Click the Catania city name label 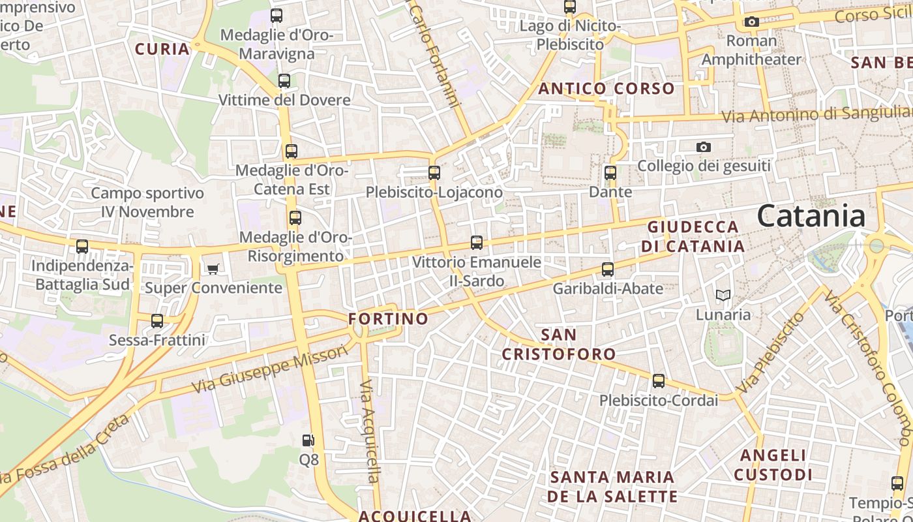click(811, 216)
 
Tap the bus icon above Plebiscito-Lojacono click(434, 173)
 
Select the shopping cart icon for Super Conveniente click(213, 269)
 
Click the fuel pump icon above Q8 click(308, 441)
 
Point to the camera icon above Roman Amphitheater click(751, 22)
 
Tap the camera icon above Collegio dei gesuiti click(703, 147)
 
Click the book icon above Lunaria click(723, 296)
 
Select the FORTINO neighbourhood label click(388, 319)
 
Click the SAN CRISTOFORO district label click(558, 345)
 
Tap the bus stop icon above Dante click(610, 173)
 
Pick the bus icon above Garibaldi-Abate click(608, 269)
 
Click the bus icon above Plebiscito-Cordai click(659, 381)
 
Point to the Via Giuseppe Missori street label click(271, 369)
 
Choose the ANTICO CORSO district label click(606, 89)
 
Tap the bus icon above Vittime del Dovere click(284, 81)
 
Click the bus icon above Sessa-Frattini click(157, 321)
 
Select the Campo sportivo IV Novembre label click(147, 202)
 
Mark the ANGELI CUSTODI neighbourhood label click(773, 465)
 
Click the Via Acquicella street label click(369, 431)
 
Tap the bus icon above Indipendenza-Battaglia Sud click(82, 247)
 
